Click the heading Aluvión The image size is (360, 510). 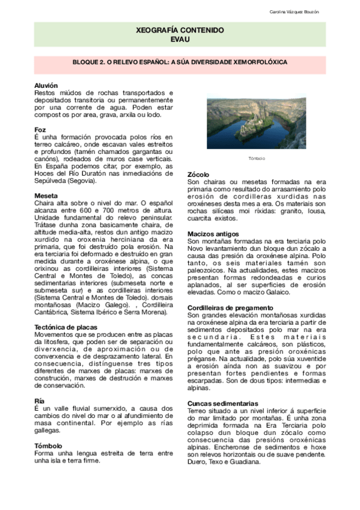click(x=46, y=86)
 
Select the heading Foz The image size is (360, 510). click(x=40, y=130)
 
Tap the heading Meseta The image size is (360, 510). click(x=46, y=196)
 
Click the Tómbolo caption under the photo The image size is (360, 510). click(x=257, y=158)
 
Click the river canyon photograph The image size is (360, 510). click(x=257, y=124)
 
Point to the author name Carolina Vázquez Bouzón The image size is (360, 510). click(x=310, y=13)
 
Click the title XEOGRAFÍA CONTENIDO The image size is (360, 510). click(x=180, y=29)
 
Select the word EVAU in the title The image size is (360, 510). click(x=180, y=39)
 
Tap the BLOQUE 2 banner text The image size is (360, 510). click(x=180, y=62)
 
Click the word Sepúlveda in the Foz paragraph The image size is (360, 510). click(x=50, y=180)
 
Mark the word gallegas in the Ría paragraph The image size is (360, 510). click(x=47, y=431)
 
